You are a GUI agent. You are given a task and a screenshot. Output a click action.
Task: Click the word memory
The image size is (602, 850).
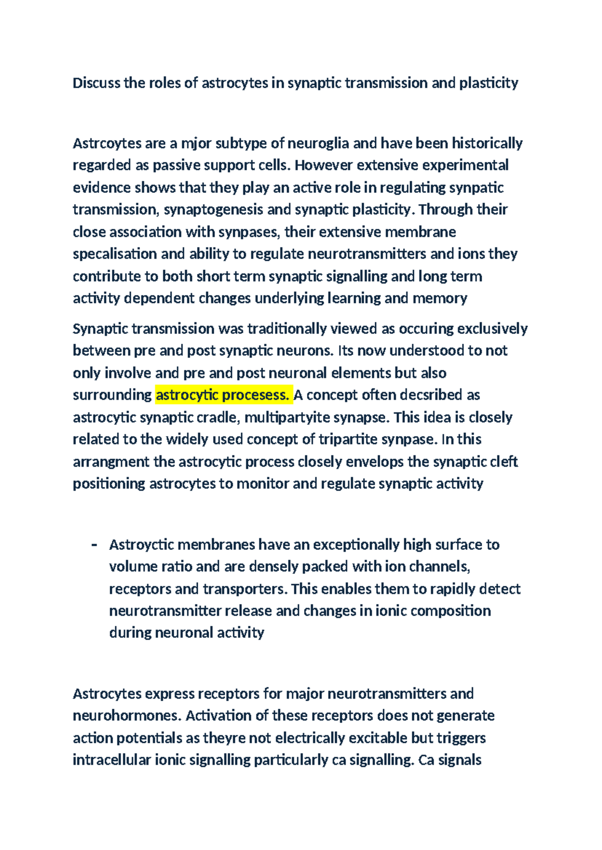(440, 298)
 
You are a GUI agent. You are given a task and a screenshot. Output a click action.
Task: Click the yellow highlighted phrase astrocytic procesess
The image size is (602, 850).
(223, 395)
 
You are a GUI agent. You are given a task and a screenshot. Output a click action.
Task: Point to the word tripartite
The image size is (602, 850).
(347, 439)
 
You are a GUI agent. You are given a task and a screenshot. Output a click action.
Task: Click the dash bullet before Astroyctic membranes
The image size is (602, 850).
(94, 545)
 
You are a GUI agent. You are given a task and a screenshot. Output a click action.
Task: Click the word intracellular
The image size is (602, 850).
(112, 760)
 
